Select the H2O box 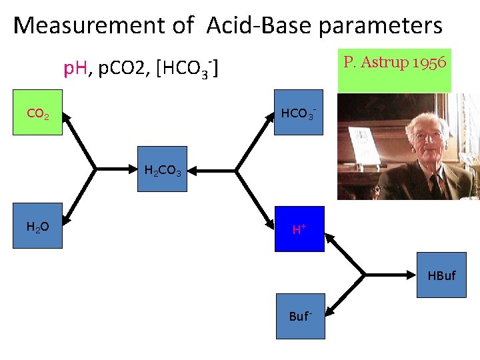(x=37, y=227)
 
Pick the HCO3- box (x=299, y=113)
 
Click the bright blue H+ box (x=299, y=229)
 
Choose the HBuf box (x=441, y=275)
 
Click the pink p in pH (x=67, y=69)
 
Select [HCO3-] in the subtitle (x=189, y=69)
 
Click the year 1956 (x=429, y=63)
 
